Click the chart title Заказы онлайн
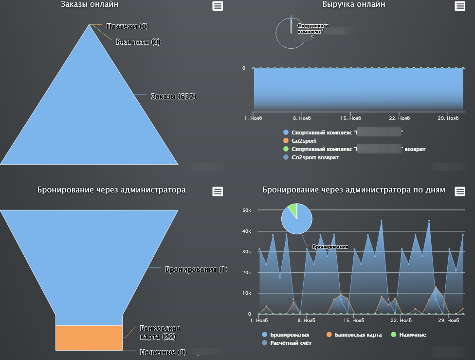(90, 4)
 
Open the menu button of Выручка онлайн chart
(459, 6)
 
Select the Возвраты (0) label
(138, 42)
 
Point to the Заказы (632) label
(173, 96)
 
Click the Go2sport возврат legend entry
(314, 157)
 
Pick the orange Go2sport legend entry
(304, 141)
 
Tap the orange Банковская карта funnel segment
(89, 337)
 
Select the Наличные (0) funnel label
(163, 352)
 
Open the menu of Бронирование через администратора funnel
(218, 191)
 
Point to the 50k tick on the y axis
(247, 210)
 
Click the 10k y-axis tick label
(247, 293)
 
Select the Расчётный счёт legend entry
(291, 343)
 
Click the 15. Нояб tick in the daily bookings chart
(353, 321)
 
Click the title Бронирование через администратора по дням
(353, 190)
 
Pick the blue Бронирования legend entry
(290, 335)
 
